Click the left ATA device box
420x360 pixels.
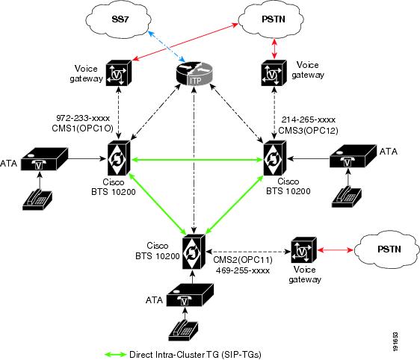tap(44, 160)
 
